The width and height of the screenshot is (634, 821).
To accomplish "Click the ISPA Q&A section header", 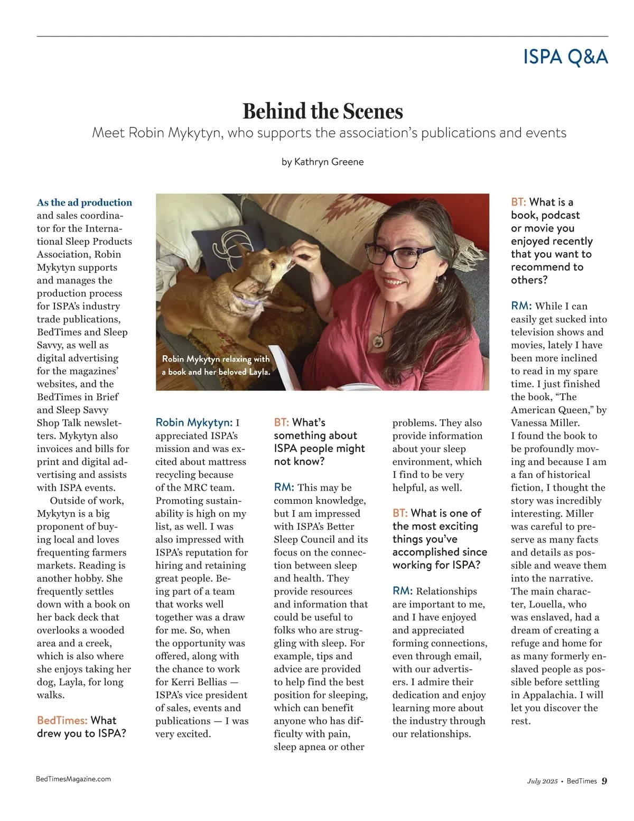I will [x=565, y=57].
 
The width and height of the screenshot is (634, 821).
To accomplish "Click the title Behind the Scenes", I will [x=322, y=112].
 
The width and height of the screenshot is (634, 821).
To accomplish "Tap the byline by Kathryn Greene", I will [x=322, y=162].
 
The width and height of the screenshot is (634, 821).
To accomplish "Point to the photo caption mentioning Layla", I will [x=216, y=365].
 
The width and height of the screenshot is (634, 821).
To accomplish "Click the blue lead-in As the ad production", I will [x=85, y=202].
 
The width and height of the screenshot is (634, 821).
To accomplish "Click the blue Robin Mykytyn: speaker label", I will [x=194, y=422].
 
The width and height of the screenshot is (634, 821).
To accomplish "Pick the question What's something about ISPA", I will [x=319, y=441].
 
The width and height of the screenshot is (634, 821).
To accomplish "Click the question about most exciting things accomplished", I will [x=439, y=539].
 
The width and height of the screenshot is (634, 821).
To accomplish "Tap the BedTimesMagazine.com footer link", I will [x=73, y=779].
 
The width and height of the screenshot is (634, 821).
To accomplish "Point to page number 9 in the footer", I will [x=604, y=781].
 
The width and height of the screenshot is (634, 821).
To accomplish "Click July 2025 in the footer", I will [x=542, y=781].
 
